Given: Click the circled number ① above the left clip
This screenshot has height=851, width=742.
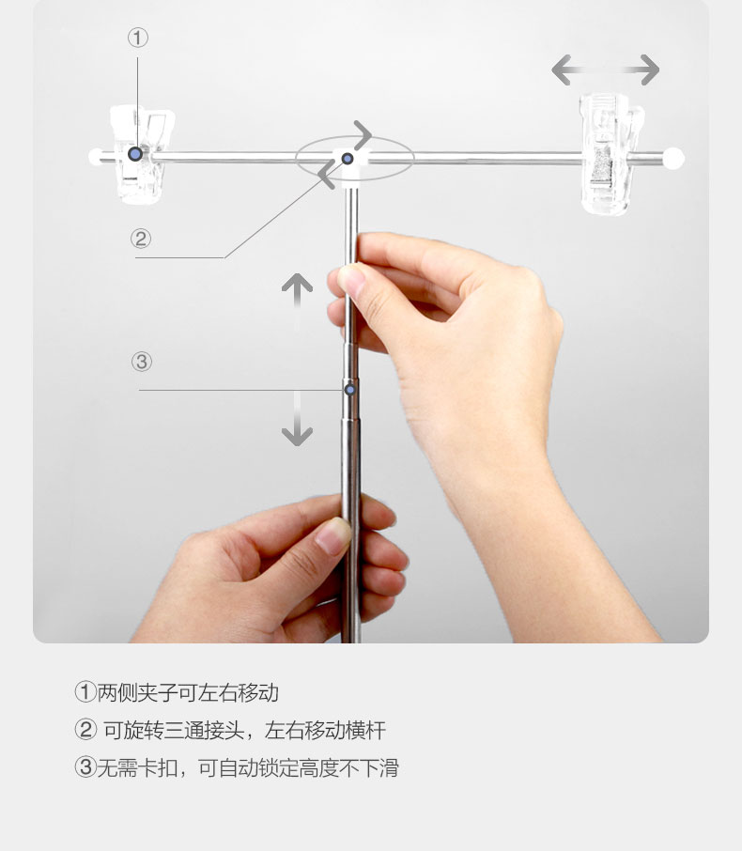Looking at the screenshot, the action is coord(138,38).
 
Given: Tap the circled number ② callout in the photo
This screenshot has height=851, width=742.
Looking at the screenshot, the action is coord(141,239).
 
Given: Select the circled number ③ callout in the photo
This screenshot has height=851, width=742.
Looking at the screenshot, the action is coord(142,362).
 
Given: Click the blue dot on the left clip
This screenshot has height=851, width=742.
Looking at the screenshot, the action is coord(135,154).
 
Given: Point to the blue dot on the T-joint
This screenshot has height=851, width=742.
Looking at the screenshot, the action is coord(348,159).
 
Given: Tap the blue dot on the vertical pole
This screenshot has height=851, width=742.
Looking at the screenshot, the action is coord(350,390).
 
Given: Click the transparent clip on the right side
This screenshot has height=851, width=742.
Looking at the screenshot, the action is coord(611,154).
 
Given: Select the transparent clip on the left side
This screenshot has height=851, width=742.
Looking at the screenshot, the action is coord(141,154).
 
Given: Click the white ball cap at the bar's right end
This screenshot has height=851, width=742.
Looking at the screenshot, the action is coord(673,159).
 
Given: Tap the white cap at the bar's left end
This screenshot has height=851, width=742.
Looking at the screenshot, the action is coord(96,157).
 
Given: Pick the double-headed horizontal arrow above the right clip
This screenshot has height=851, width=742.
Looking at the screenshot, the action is coord(605,70).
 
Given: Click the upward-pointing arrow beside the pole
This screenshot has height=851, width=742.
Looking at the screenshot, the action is coord(297,302).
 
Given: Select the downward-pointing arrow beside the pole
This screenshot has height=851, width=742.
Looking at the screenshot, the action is coord(297,419).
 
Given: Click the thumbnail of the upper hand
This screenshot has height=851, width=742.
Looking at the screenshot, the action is coord(350,280).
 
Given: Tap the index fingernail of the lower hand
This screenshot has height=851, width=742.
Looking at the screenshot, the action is coord(332,535).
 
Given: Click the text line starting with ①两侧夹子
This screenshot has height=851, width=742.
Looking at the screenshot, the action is coord(177,692).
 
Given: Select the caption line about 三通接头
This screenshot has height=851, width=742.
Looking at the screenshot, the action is coord(230,730).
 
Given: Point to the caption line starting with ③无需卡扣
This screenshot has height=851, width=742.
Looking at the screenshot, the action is coord(237,767).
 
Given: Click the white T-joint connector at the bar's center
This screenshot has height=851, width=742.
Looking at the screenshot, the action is coord(351,166).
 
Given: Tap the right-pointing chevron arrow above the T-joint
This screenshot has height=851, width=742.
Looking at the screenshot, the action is coord(363,134).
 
